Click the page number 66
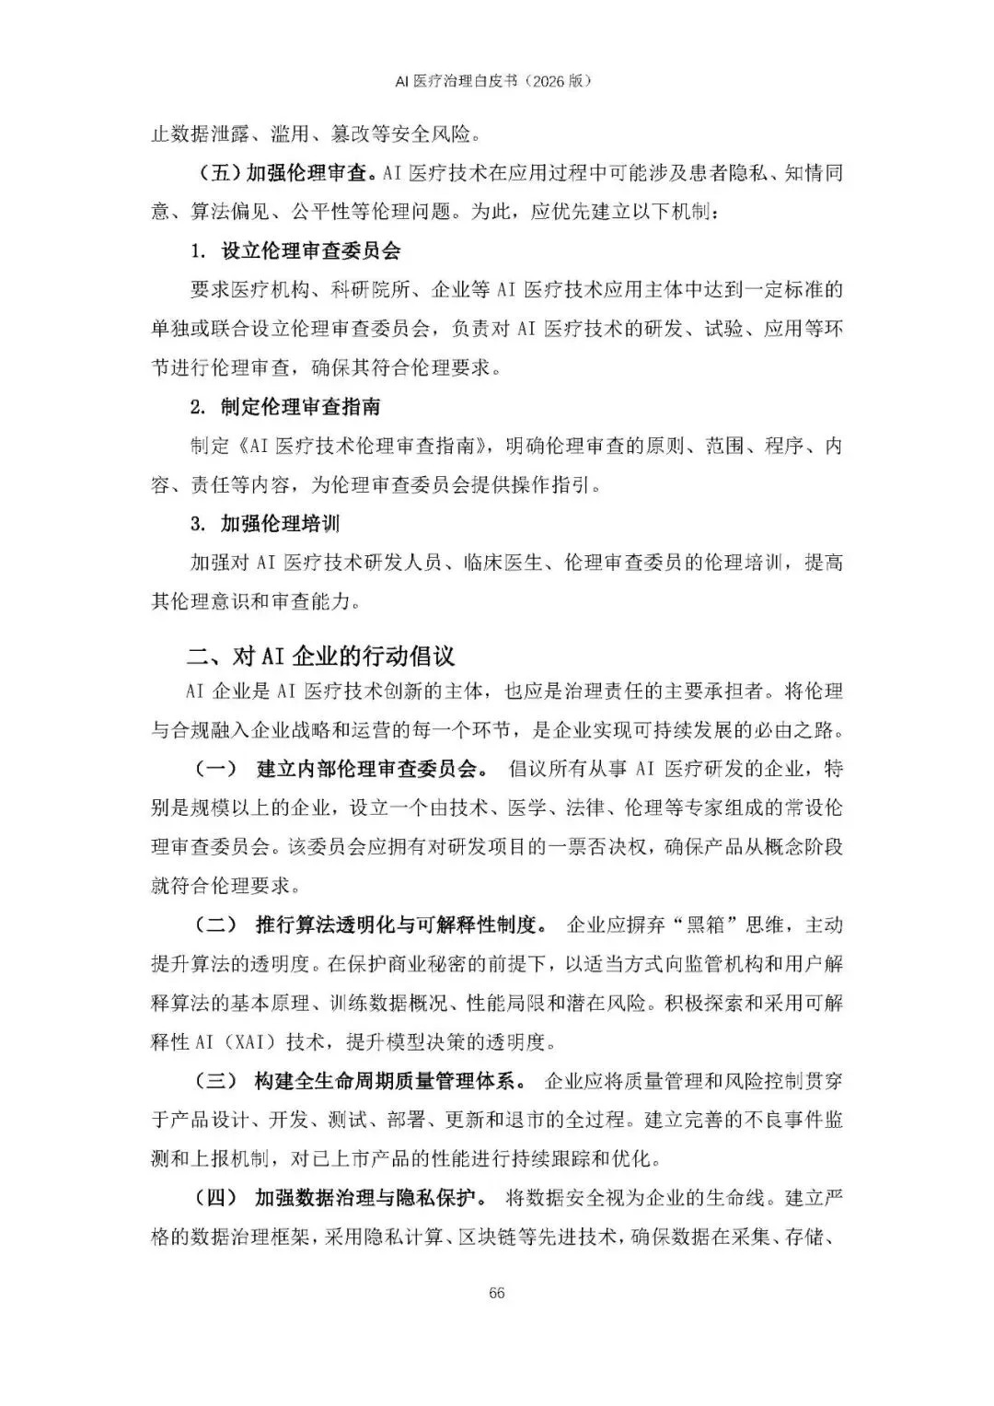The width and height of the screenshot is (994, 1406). coord(497,1294)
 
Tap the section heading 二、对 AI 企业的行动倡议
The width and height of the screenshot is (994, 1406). coord(321,656)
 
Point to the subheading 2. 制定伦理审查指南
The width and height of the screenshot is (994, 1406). coord(285,407)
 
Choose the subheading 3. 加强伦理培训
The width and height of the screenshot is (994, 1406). coord(265,524)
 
